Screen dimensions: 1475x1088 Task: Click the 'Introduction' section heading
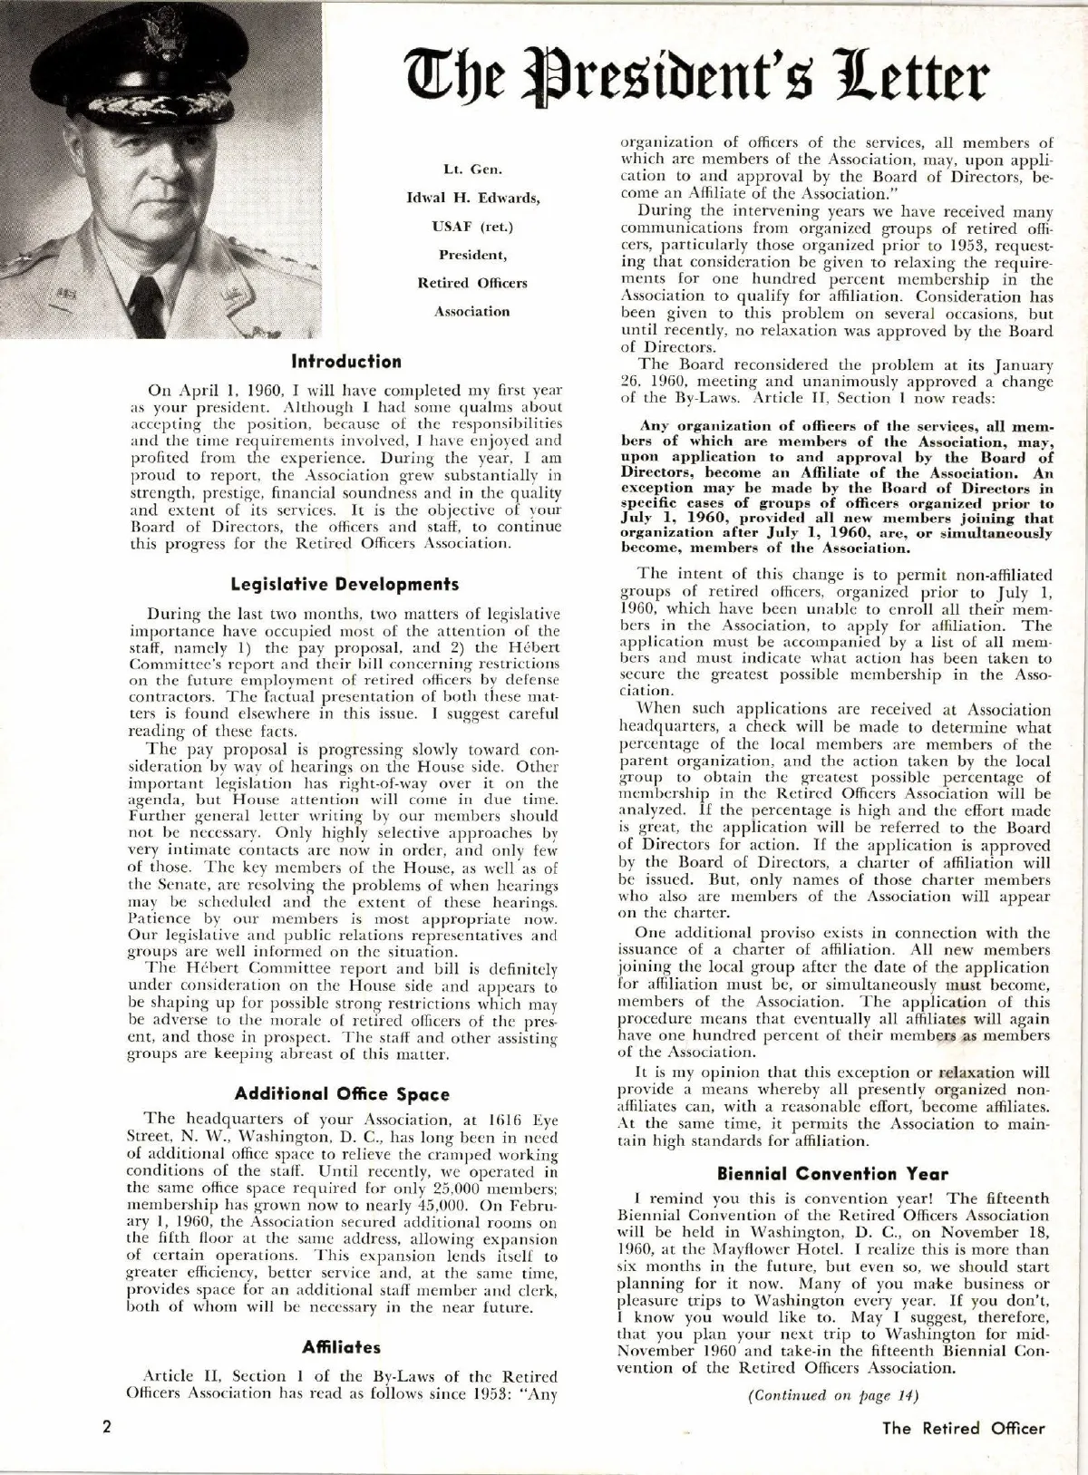pos(346,362)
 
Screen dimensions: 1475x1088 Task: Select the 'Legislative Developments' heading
pos(345,584)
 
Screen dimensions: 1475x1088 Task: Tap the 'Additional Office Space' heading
pos(342,1094)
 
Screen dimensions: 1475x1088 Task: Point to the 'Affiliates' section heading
pos(342,1347)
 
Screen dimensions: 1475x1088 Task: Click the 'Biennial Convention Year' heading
pos(832,1174)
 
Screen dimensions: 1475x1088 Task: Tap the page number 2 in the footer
pos(106,1428)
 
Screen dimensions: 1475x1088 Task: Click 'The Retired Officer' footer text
pos(964,1428)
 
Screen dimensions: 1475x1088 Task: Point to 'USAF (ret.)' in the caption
pos(472,226)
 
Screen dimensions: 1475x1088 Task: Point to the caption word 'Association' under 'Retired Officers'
pos(471,311)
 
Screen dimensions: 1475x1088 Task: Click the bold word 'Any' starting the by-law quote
pos(655,425)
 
